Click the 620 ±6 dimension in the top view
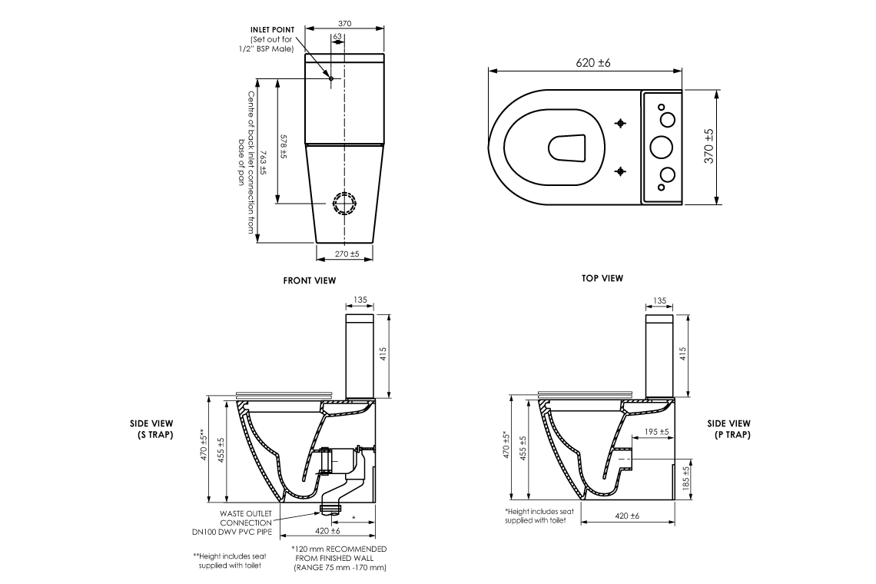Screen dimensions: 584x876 [x=592, y=62]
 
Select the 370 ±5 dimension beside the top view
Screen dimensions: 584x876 [x=708, y=145]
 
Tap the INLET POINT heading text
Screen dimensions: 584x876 [x=272, y=30]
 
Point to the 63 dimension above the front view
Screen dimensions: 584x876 [x=338, y=36]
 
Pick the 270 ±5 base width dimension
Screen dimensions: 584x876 [x=347, y=254]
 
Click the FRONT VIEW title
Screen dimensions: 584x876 [x=309, y=281]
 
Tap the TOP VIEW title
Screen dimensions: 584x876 [x=602, y=278]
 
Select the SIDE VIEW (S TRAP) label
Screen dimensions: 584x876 [x=151, y=429]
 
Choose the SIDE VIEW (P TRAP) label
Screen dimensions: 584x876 [x=728, y=429]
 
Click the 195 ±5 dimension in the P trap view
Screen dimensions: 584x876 [x=656, y=432]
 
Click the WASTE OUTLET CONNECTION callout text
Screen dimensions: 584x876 [x=246, y=522]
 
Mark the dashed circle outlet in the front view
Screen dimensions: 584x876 [x=345, y=204]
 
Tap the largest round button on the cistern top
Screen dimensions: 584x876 [x=661, y=146]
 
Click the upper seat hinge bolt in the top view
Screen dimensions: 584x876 [x=621, y=123]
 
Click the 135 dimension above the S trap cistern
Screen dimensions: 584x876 [x=360, y=300]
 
